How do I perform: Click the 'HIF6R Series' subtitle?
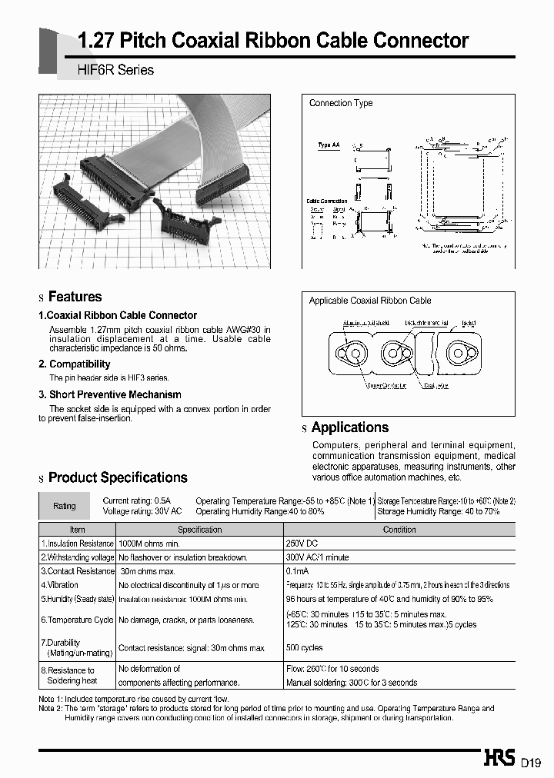(x=116, y=70)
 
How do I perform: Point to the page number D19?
(x=532, y=763)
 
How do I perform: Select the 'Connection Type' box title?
(x=341, y=103)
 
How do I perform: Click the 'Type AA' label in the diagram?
(x=329, y=145)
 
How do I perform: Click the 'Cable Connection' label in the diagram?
(x=326, y=201)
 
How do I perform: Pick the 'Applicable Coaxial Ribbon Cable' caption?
(x=370, y=301)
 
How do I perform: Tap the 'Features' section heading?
(x=75, y=297)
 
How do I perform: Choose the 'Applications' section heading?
(x=349, y=427)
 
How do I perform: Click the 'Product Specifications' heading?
(x=118, y=477)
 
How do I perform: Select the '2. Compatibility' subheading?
(x=75, y=364)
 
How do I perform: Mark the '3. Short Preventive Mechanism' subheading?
(x=110, y=394)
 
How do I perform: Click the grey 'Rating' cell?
(x=65, y=506)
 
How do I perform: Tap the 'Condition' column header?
(x=399, y=530)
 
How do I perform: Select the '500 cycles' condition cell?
(x=305, y=648)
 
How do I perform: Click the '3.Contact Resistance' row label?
(x=77, y=571)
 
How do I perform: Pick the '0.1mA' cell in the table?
(x=298, y=571)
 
